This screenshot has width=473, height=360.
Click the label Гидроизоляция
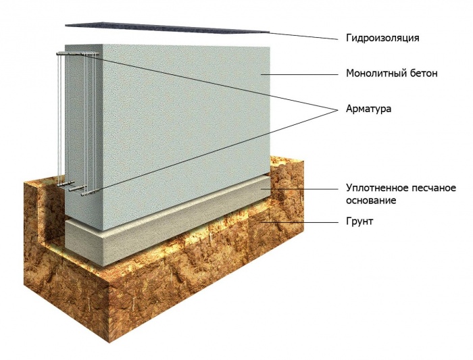pos(382,38)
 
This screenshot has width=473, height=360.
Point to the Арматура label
pos(369,109)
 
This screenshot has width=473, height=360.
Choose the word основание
pos(371,201)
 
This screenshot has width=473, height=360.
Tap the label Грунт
pos(359,222)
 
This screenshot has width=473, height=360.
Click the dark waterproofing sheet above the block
pos(167,28)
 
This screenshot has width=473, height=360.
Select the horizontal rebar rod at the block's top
pos(78,53)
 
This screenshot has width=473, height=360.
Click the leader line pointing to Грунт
pos(299,222)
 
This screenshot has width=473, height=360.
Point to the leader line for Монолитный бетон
pos(299,74)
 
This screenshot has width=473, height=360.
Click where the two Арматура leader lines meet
pos(337,109)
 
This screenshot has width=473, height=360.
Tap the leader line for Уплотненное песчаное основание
pos(299,189)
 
